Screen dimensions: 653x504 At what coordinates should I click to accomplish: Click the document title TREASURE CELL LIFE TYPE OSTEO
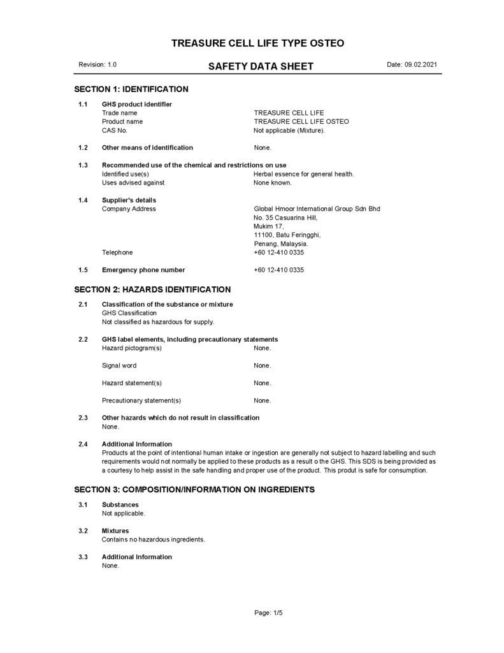[258, 43]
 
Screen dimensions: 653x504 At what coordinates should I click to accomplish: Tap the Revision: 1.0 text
[97, 65]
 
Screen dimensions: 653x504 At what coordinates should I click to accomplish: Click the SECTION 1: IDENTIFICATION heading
[131, 89]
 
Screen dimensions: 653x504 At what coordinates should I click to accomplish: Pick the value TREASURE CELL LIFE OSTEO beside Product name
[301, 121]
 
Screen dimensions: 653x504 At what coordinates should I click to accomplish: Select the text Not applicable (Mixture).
[289, 130]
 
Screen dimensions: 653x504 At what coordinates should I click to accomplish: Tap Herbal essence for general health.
[303, 173]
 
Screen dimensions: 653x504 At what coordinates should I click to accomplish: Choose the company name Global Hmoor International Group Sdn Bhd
[317, 209]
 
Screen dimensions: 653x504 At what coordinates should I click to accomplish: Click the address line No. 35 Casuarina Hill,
[285, 217]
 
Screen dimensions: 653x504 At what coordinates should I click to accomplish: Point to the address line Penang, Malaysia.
[281, 244]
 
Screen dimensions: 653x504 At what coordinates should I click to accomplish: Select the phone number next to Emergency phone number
[278, 270]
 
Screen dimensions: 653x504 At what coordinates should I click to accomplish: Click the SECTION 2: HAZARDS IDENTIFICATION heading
[152, 290]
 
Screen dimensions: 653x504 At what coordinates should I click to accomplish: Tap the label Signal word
[119, 365]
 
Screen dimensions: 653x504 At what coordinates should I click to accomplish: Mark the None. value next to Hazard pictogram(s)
[263, 348]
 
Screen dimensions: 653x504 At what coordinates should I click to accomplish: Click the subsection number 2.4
[83, 444]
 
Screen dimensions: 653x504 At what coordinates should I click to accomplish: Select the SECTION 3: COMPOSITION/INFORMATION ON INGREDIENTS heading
[194, 490]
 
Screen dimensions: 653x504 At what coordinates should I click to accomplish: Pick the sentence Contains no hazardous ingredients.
[154, 539]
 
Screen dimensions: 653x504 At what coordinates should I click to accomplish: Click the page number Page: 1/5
[268, 613]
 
